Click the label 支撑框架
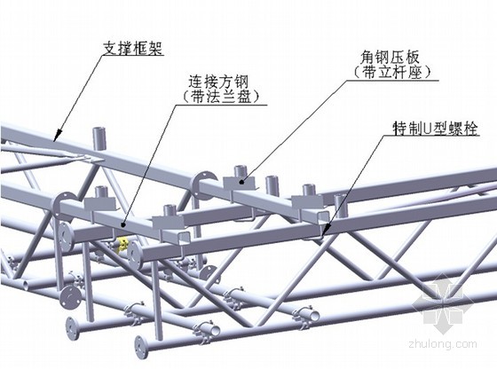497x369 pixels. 133,49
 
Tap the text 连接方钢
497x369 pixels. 218,82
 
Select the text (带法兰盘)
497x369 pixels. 222,97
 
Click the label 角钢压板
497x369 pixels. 390,58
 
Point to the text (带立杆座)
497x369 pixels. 392,72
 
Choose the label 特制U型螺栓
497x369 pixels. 435,129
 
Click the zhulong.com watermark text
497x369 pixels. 443,343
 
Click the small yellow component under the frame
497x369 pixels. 122,245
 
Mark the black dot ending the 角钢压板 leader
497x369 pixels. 241,182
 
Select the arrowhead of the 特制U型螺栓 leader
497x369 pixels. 325,230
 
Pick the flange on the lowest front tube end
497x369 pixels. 139,348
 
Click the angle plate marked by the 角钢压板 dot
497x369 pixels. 241,184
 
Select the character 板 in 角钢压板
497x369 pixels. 413,58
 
